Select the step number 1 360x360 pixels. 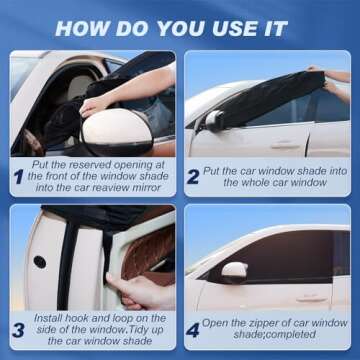coord(18,176)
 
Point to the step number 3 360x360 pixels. coord(18,329)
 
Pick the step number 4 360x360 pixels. coord(193,330)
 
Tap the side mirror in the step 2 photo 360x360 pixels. coord(213,120)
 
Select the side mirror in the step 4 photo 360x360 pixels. coord(234,271)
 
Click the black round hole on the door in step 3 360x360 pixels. coord(39,262)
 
